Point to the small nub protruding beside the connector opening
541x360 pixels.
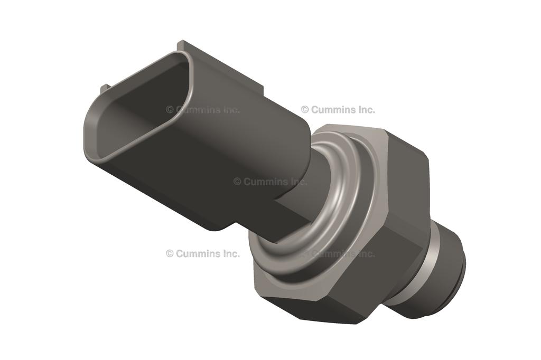[105, 87]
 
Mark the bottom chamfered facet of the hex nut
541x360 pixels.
[317, 311]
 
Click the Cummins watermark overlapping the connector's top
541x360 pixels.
[203, 110]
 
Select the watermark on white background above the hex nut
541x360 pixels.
[338, 110]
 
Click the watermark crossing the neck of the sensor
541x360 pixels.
[270, 182]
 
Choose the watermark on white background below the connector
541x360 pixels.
[203, 253]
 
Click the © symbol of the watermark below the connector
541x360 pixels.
[170, 253]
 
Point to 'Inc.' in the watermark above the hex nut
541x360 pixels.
[365, 110]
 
